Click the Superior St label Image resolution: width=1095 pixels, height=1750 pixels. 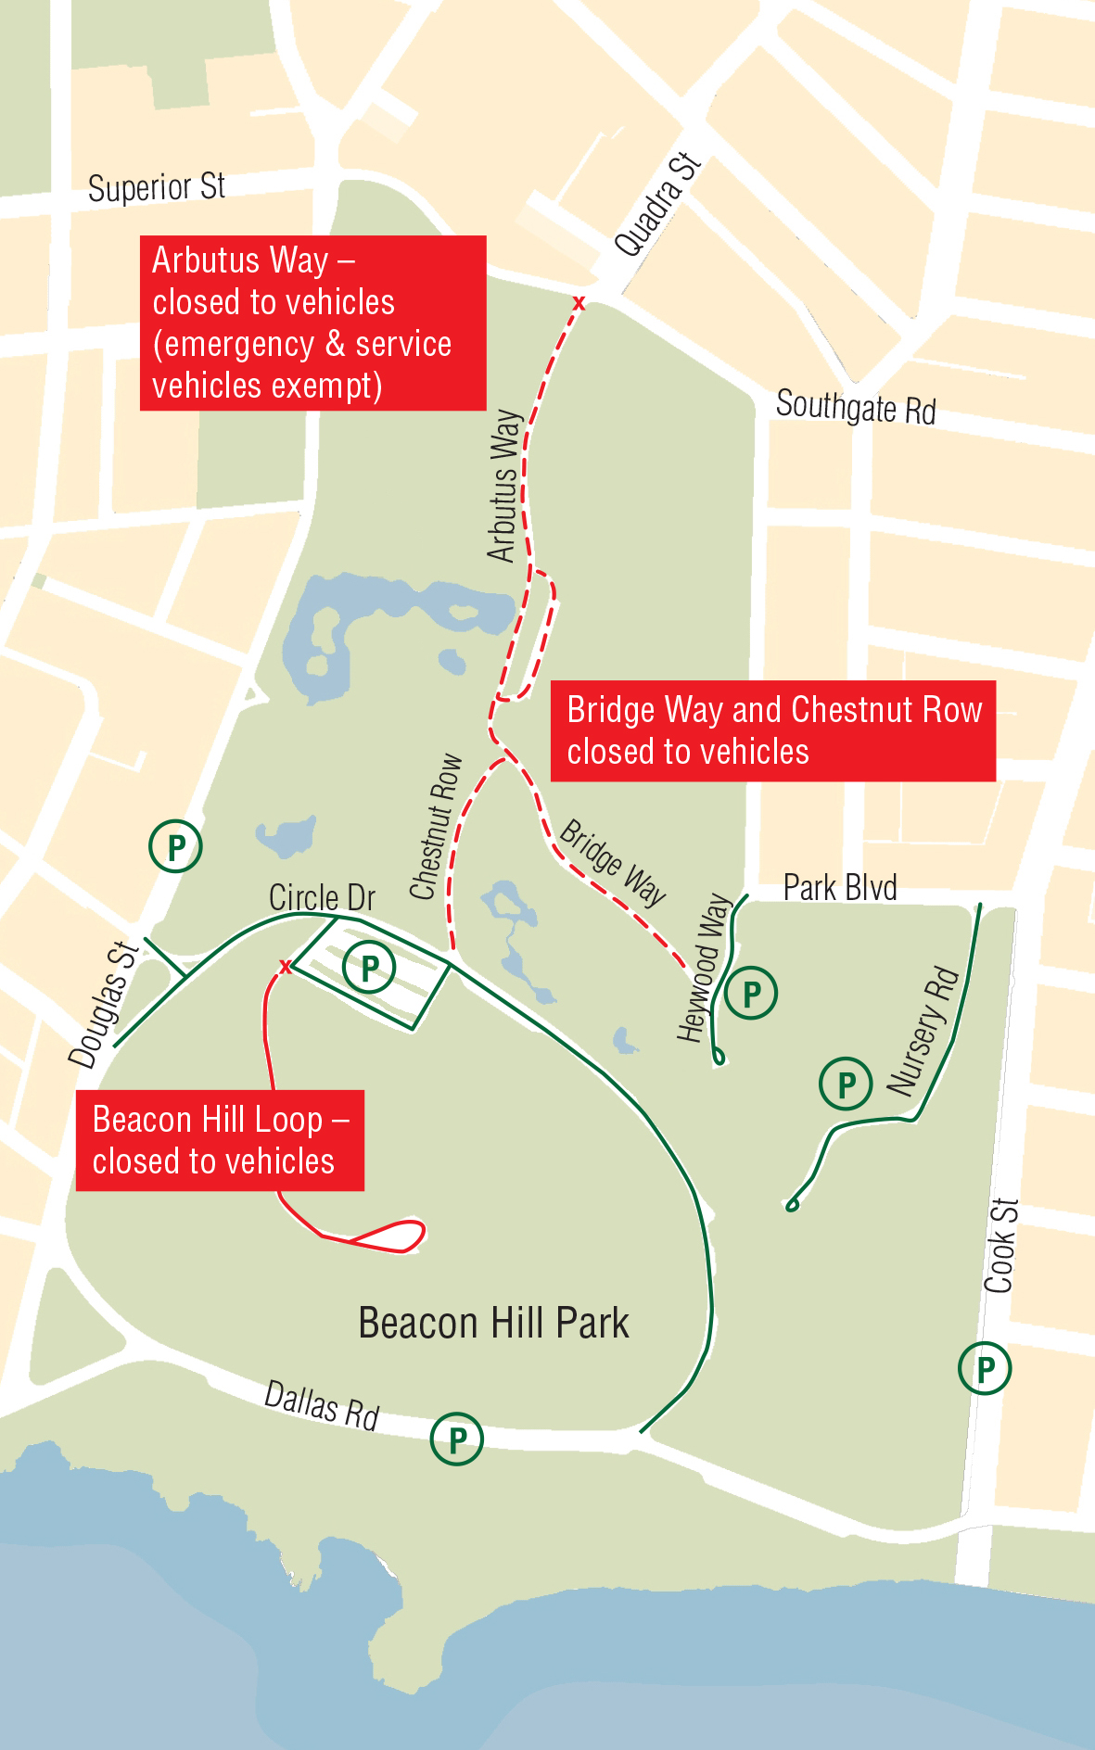click(157, 187)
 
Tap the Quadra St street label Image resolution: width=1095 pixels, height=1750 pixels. click(657, 204)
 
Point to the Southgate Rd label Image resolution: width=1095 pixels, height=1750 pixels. click(856, 407)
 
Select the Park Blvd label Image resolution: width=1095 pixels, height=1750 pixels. click(840, 887)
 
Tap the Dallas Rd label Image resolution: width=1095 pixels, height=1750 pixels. click(322, 1405)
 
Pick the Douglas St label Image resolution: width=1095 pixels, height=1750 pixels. click(103, 1005)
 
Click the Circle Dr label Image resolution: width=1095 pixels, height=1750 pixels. click(322, 897)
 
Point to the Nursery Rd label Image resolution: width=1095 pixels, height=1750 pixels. click(922, 1031)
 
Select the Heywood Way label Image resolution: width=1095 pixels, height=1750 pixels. click(704, 968)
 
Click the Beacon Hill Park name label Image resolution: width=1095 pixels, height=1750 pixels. click(493, 1323)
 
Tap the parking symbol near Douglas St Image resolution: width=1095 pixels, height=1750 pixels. click(175, 845)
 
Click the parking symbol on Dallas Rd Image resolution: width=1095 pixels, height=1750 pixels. click(457, 1439)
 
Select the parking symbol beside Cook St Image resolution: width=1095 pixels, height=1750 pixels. click(985, 1368)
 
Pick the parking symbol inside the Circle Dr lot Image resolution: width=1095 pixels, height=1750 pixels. click(369, 967)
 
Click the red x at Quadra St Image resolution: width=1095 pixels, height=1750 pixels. click(579, 303)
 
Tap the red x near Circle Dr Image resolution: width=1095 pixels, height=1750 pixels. click(286, 967)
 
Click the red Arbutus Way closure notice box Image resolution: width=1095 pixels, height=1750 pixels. click(312, 323)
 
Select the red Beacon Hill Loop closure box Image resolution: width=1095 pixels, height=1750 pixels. click(220, 1140)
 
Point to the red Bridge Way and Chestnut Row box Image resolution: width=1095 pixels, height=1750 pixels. click(773, 730)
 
